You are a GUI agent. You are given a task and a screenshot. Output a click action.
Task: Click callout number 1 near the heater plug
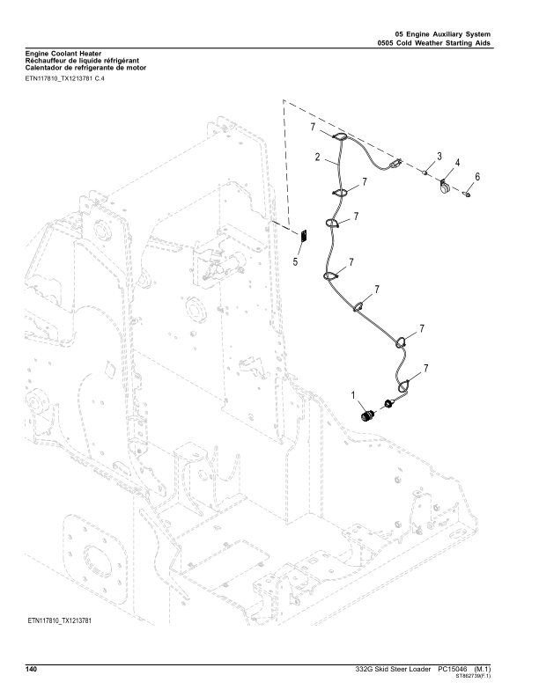point(354,396)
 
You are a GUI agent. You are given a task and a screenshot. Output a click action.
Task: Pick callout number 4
point(457,163)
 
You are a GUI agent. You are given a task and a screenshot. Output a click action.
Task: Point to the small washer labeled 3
point(424,173)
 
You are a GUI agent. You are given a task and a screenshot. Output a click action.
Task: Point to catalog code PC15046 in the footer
point(453,671)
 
